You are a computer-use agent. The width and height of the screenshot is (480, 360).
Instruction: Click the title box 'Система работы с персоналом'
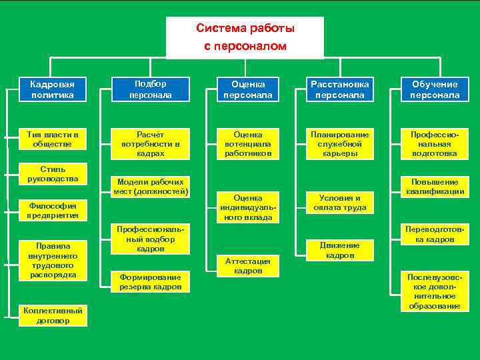click(245, 38)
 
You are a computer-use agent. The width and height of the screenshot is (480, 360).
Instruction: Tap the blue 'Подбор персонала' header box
click(150, 89)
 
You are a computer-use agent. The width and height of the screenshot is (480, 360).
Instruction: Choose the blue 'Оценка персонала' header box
click(247, 90)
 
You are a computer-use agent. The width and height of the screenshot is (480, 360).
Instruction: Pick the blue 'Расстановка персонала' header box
click(339, 90)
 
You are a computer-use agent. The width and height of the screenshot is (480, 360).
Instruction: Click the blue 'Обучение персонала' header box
click(435, 90)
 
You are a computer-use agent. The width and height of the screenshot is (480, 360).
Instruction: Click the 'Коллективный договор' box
click(53, 315)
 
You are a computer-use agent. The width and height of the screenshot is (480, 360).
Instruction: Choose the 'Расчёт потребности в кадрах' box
click(150, 144)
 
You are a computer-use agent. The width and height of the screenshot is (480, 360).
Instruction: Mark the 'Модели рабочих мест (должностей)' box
click(150, 187)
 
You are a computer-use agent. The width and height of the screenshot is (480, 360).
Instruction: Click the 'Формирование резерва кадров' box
click(150, 282)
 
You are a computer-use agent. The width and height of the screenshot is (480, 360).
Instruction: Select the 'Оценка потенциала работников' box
click(247, 144)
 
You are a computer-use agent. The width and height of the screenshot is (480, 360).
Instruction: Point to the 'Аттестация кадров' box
click(247, 265)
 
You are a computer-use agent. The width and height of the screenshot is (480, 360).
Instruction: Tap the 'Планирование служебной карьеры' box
click(339, 144)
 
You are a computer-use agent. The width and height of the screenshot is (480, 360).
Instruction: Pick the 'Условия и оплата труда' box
click(339, 203)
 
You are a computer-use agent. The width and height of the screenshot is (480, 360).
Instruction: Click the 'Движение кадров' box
click(339, 250)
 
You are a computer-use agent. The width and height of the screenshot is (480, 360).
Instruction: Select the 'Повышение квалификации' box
click(435, 187)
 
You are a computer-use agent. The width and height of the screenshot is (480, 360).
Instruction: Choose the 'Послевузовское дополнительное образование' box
click(435, 291)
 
